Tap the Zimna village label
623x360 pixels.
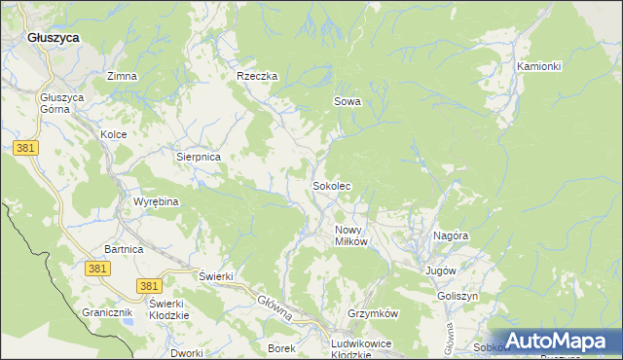[123, 76]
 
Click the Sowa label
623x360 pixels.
[348, 101]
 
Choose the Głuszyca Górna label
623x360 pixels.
[62, 104]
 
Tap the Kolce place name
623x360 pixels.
[114, 134]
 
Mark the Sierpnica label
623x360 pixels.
[199, 156]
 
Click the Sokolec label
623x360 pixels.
[331, 185]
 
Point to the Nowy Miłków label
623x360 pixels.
[349, 235]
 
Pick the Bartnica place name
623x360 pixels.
[125, 250]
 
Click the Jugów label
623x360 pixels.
[441, 270]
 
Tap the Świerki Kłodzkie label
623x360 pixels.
[167, 308]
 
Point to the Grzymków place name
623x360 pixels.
[374, 314]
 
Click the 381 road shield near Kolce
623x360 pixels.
[26, 147]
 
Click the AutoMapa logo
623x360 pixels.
[558, 342]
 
